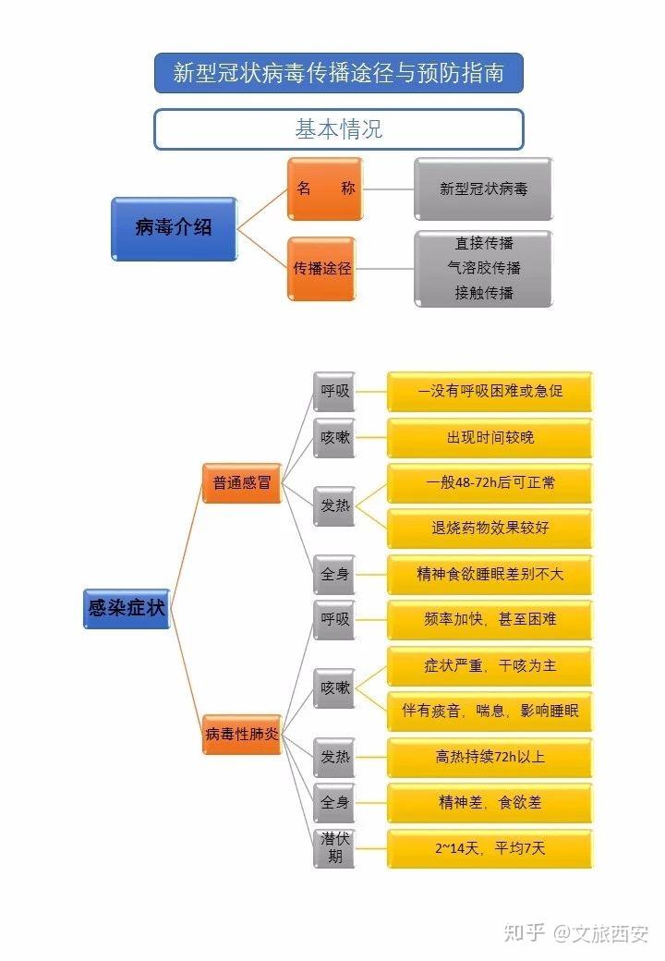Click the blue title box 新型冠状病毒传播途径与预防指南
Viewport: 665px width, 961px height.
[x=338, y=73]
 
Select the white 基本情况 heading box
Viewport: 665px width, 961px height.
[x=338, y=129]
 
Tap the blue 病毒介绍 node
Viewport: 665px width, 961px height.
[x=174, y=227]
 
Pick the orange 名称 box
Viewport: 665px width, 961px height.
[x=324, y=189]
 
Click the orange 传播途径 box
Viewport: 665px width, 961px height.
[x=322, y=269]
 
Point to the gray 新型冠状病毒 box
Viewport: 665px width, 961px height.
[x=483, y=189]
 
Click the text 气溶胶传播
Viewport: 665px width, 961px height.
[x=483, y=268]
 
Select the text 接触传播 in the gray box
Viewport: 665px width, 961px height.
[x=483, y=293]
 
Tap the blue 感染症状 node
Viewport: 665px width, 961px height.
[x=127, y=609]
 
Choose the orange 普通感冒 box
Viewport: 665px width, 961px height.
[x=241, y=482]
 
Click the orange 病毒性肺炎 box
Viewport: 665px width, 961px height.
[x=241, y=735]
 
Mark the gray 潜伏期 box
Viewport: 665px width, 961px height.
[x=334, y=848]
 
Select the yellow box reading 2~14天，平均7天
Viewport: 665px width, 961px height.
[x=490, y=848]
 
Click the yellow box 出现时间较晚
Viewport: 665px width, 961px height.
[x=490, y=437]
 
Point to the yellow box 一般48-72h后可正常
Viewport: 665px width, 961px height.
[x=490, y=482]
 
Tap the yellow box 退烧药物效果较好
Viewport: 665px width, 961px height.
[x=490, y=528]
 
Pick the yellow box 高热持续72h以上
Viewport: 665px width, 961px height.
[x=490, y=757]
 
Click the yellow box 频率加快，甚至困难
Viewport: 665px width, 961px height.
[x=490, y=619]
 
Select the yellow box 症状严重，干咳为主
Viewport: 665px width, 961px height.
[x=490, y=665]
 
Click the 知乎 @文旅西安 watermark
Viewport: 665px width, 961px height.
[x=575, y=931]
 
